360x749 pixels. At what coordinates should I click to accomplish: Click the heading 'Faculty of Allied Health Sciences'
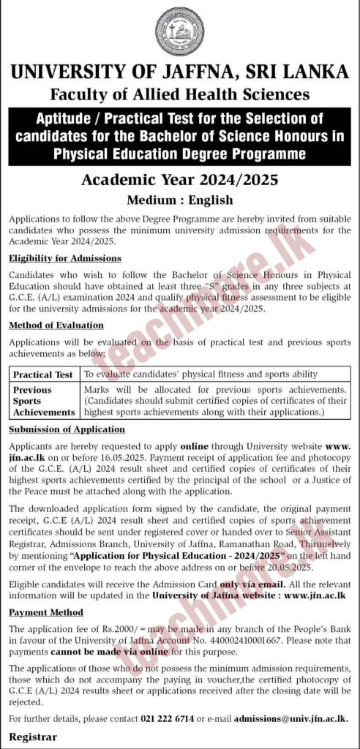[x=179, y=94]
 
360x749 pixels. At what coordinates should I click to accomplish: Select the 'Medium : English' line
[x=179, y=200]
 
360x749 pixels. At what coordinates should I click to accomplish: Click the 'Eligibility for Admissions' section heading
[x=65, y=259]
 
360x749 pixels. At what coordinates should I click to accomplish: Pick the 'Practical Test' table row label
[x=43, y=374]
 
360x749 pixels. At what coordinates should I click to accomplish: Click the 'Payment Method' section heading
[x=45, y=612]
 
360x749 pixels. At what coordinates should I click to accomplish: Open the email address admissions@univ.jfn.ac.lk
[x=300, y=720]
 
